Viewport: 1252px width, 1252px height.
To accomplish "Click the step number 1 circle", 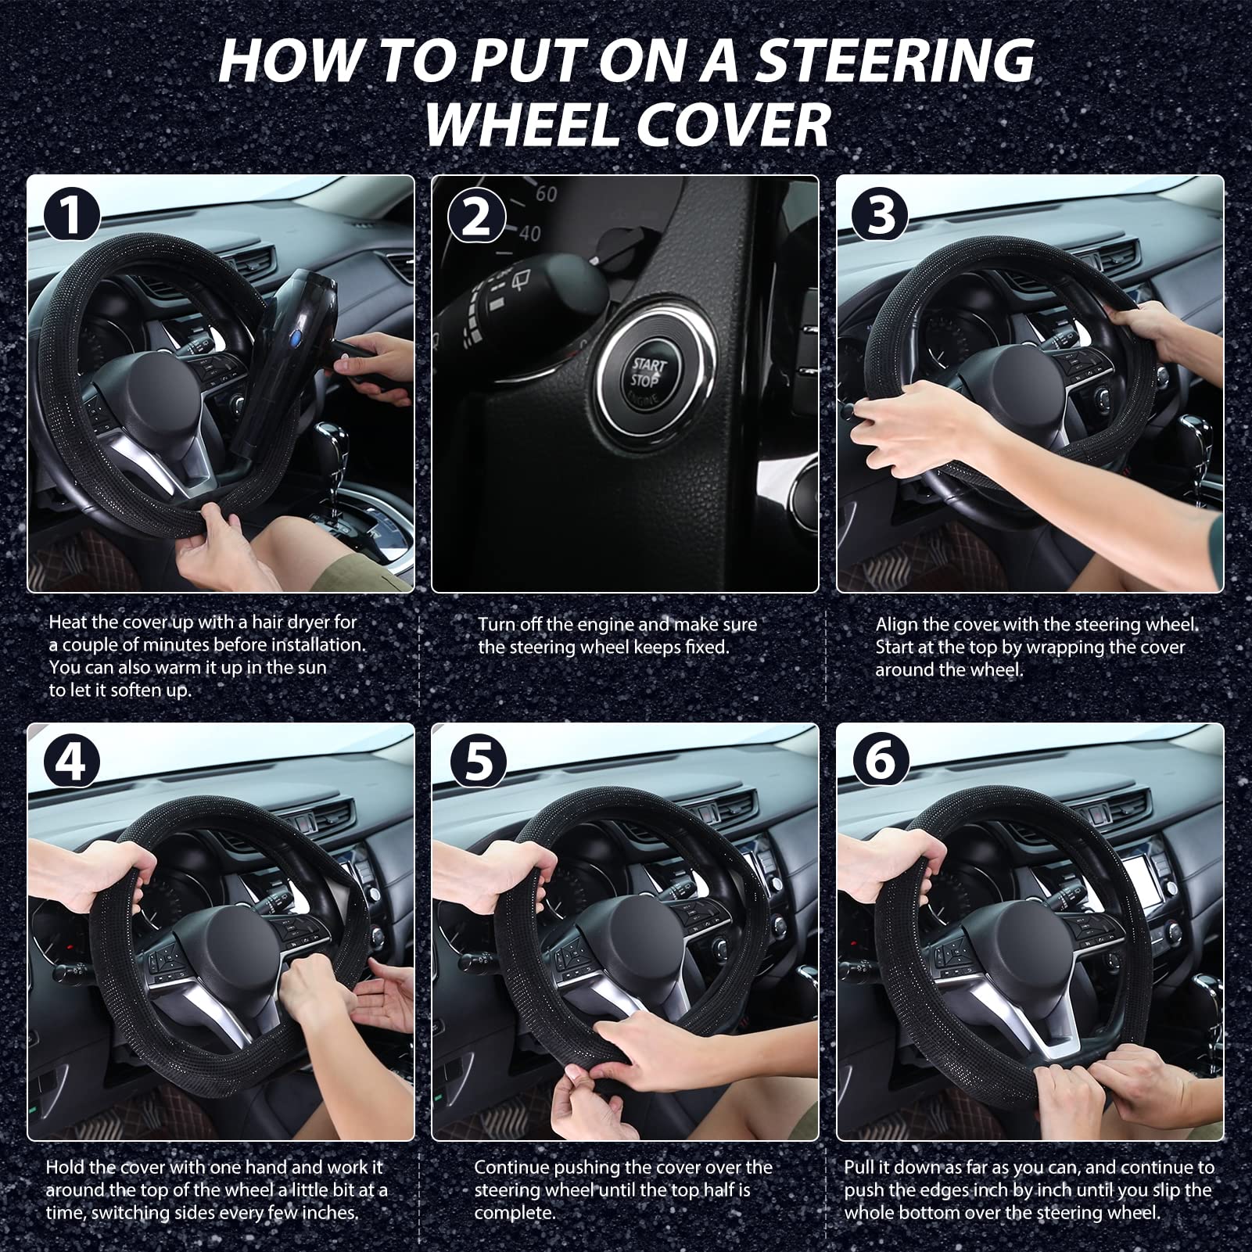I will click(71, 215).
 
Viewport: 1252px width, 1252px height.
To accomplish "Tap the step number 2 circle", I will click(476, 216).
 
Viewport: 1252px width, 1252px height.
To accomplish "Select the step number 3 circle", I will click(881, 215).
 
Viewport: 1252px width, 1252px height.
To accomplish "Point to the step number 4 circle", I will click(71, 760).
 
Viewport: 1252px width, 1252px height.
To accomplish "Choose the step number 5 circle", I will click(476, 760).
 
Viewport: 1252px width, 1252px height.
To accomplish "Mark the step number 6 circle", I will click(881, 760).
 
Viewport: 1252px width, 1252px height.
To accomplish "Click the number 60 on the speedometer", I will click(545, 192).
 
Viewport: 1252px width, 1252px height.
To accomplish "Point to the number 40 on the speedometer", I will click(529, 232).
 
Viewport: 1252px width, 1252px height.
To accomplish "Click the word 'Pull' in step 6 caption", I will click(859, 1168).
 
